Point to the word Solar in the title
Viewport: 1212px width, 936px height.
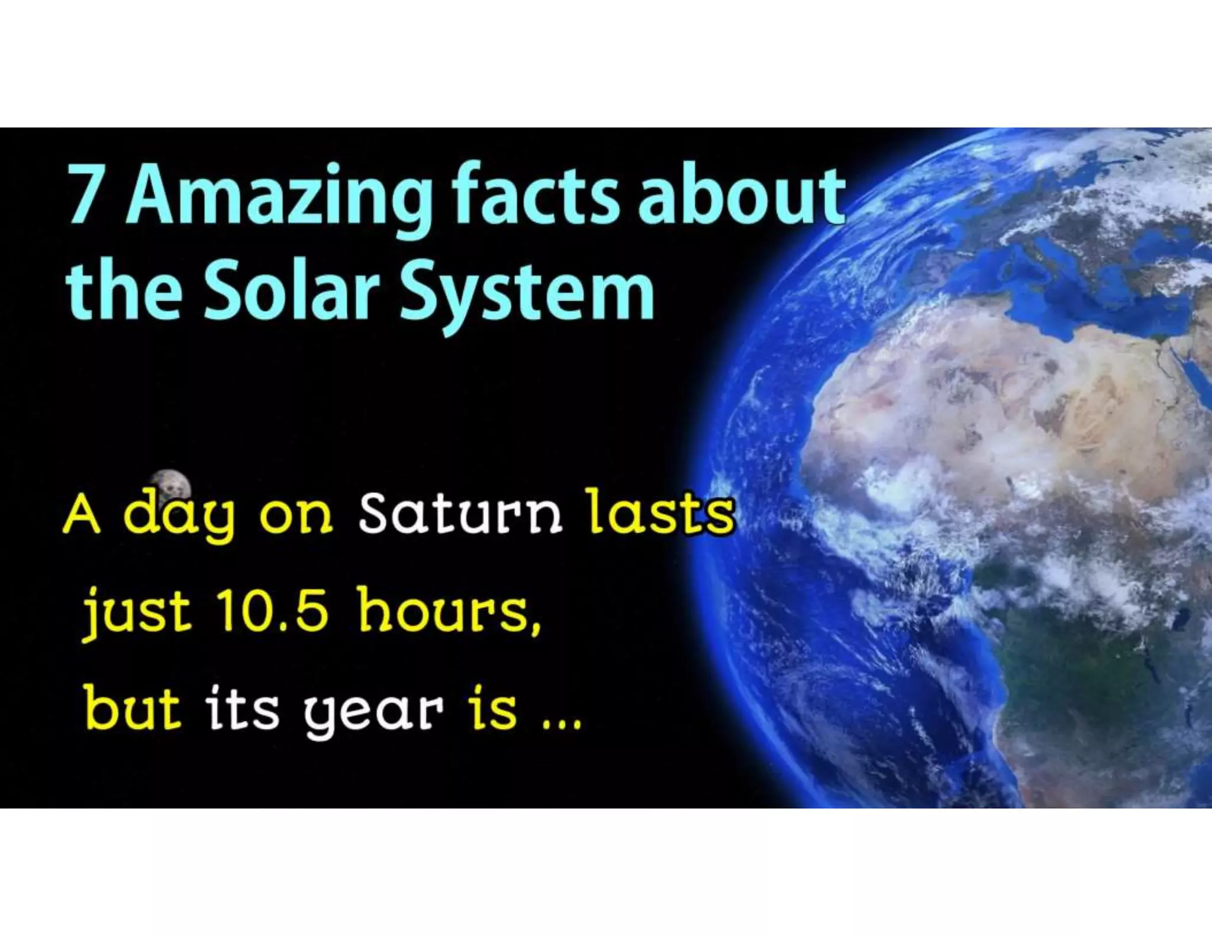pos(291,290)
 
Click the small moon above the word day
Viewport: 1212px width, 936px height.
pos(170,486)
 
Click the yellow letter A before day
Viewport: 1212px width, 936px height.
pos(81,515)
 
